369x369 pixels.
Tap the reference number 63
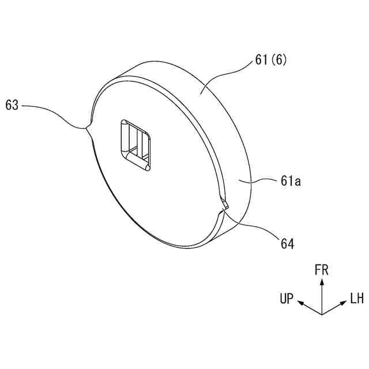(x=13, y=106)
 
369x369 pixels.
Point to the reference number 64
(x=287, y=244)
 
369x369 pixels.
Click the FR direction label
(x=322, y=269)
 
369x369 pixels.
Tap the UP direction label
(x=287, y=299)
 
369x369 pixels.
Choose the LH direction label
(x=356, y=299)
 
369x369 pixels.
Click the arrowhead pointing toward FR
(x=322, y=281)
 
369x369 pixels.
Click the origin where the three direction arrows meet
(x=322, y=314)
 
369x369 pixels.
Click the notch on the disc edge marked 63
(x=86, y=127)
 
